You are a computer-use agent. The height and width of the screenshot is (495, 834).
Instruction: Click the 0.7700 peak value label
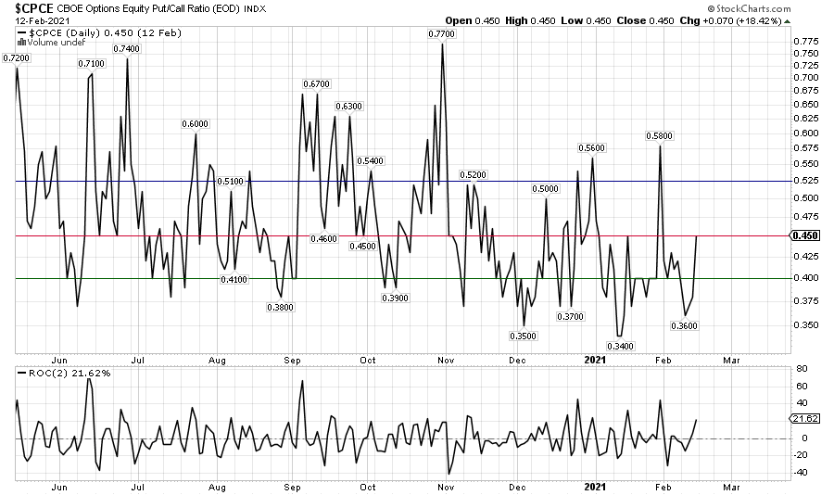pos(442,34)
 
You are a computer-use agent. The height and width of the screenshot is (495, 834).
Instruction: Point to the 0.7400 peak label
pos(126,49)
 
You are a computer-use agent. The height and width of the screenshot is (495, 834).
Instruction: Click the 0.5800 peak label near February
pos(659,136)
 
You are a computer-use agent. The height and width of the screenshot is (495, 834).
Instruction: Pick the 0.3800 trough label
pos(281,307)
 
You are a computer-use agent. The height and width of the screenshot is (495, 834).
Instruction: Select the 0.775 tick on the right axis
pos(806,41)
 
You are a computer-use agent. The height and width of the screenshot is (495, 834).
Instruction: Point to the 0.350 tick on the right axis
pos(806,325)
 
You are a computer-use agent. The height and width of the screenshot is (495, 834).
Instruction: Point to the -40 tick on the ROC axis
pos(802,472)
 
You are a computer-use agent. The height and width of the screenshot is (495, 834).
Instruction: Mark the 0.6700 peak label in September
pos(315,84)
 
